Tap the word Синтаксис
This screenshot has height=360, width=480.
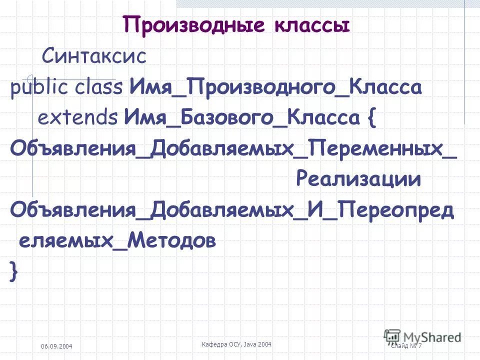(x=94, y=56)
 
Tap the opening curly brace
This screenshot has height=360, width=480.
(x=371, y=119)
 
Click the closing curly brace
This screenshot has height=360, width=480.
(x=13, y=272)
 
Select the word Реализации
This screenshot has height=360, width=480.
(x=358, y=179)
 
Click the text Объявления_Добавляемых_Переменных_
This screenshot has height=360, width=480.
(x=233, y=148)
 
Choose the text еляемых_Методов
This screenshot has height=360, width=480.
(x=117, y=241)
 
